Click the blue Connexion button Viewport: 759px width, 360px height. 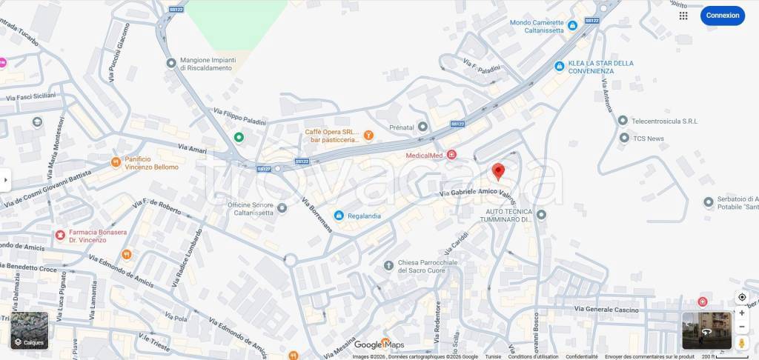[722, 16]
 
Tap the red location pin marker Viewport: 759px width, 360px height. [499, 171]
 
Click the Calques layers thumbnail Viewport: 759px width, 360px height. [30, 330]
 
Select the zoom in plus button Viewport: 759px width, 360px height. [742, 313]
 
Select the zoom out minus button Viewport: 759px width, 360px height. [742, 327]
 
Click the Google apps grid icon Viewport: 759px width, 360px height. [683, 16]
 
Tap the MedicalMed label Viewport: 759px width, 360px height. [424, 156]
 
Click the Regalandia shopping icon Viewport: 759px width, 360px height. [339, 216]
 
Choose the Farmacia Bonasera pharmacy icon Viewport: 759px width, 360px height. [60, 236]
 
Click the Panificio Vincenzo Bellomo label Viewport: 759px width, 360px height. [151, 163]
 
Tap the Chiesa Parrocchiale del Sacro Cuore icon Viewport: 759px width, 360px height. [388, 266]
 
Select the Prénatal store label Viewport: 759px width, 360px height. [402, 127]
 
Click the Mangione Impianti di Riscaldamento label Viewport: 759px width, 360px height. [208, 64]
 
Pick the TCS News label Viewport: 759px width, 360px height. [648, 139]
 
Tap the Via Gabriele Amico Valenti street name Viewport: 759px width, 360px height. [478, 193]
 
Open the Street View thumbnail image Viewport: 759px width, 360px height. [706, 330]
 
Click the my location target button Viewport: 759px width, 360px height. [742, 297]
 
